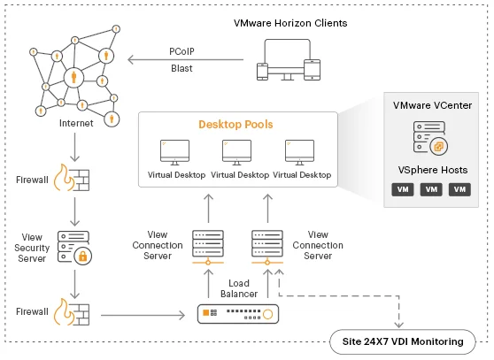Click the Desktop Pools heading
point(235,125)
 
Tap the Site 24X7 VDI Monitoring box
point(402,341)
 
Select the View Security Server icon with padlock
point(74,248)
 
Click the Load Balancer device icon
point(238,314)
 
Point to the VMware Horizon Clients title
point(290,23)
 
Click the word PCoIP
point(181,51)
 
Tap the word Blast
point(181,68)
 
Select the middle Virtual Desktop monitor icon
point(237,153)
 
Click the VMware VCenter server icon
point(430,138)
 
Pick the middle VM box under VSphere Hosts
point(431,189)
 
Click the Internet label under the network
point(76,123)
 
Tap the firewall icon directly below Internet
point(72,178)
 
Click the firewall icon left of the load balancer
point(72,312)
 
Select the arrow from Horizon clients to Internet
point(185,59)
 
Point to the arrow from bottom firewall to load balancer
point(143,315)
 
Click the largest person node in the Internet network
point(73,77)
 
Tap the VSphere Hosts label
point(433,170)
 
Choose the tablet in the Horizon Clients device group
point(312,70)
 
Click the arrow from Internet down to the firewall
point(74,147)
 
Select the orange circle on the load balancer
point(267,314)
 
